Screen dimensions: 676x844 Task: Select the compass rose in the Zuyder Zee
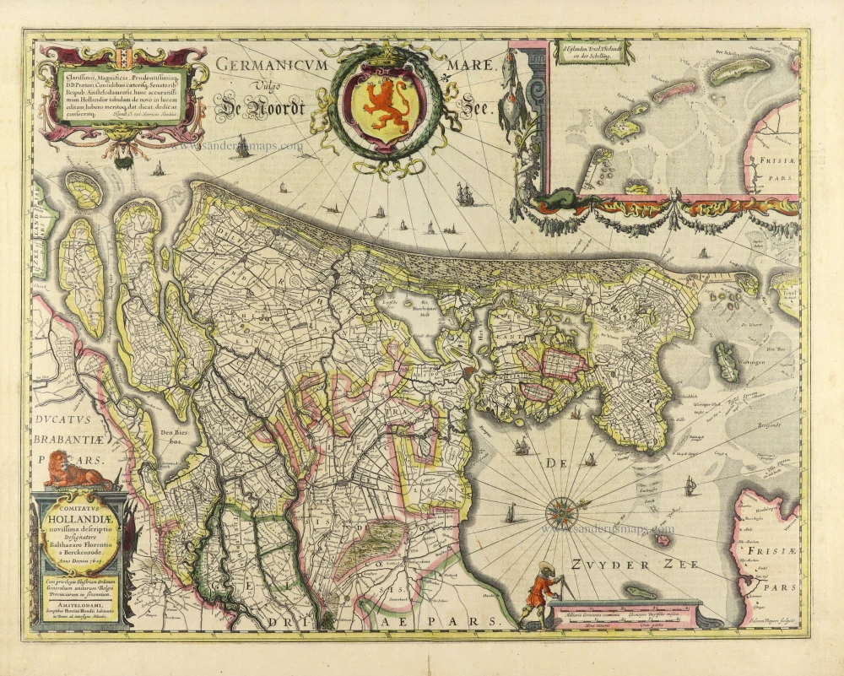pyautogui.click(x=560, y=511)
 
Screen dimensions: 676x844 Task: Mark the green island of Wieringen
pyautogui.click(x=724, y=361)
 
